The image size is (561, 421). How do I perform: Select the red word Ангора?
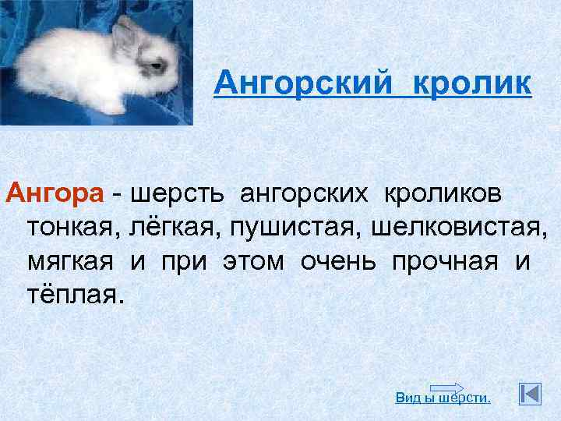pyautogui.click(x=54, y=193)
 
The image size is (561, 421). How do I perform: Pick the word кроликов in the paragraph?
pyautogui.click(x=441, y=193)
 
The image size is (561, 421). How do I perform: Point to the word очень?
pyautogui.click(x=342, y=262)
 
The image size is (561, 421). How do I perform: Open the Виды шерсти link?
pyautogui.click(x=443, y=398)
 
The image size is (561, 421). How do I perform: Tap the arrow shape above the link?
pyautogui.click(x=447, y=387)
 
